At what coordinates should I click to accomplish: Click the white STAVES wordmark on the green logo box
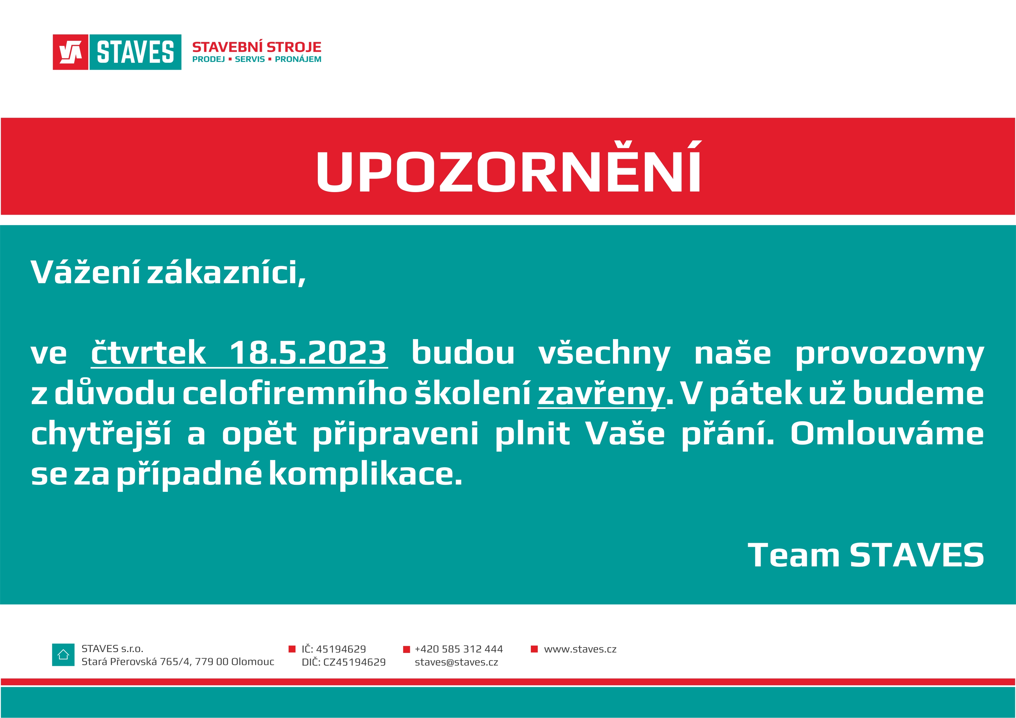[135, 52]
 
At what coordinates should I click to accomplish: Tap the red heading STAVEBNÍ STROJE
[257, 47]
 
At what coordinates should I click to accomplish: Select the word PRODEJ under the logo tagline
[208, 59]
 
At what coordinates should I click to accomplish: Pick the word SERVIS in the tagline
[250, 59]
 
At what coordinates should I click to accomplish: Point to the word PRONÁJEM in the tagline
[298, 59]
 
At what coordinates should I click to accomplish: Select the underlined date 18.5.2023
[308, 353]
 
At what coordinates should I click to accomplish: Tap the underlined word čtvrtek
[148, 353]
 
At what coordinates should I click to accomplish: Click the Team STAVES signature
[866, 555]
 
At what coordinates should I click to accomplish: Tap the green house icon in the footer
[63, 655]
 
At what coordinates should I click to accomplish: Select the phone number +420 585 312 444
[459, 649]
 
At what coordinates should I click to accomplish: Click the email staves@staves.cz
[456, 662]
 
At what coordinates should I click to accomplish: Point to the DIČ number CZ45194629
[354, 662]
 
